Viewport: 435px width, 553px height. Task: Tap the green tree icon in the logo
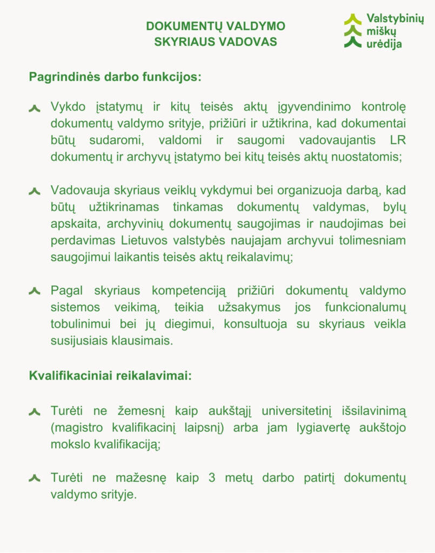pyautogui.click(x=353, y=31)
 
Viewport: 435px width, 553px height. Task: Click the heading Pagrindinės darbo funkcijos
pyautogui.click(x=115, y=77)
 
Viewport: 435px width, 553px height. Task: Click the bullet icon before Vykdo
pyautogui.click(x=35, y=108)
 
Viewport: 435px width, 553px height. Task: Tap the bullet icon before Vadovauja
pyautogui.click(x=35, y=191)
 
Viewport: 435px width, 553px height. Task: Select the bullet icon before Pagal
pyautogui.click(x=35, y=292)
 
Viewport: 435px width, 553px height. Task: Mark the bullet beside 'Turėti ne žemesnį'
pyautogui.click(x=35, y=412)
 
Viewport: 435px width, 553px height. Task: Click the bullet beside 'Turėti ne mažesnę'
pyautogui.click(x=35, y=478)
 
